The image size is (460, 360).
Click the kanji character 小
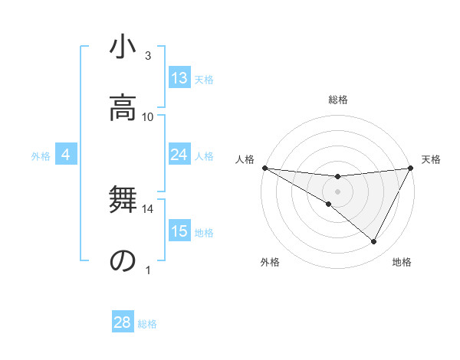click(x=123, y=49)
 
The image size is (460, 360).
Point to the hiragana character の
click(x=123, y=261)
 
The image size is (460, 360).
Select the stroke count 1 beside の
click(x=148, y=270)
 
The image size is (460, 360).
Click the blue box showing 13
click(x=179, y=78)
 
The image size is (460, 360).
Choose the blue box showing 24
click(x=179, y=155)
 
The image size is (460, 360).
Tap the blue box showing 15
click(x=179, y=231)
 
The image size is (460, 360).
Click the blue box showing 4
click(x=66, y=155)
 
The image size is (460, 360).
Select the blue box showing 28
click(x=123, y=322)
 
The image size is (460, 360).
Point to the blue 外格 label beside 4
click(x=41, y=156)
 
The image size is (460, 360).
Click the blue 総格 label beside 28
click(x=148, y=324)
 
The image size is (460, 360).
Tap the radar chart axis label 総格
click(x=337, y=100)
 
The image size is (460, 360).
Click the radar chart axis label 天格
click(x=432, y=159)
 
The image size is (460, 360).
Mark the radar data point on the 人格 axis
click(x=264, y=168)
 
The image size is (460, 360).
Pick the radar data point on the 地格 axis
click(x=374, y=242)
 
